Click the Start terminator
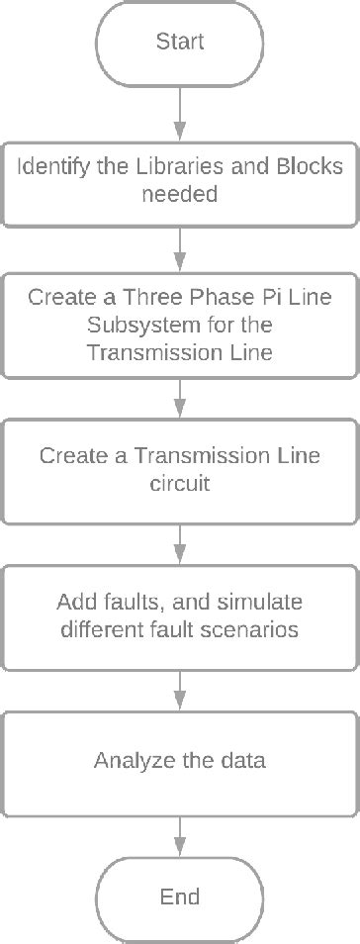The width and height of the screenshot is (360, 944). pos(180,43)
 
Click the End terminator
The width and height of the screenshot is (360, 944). pos(180,897)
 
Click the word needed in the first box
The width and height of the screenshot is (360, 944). pos(179,195)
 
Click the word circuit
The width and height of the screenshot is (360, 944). pos(180,487)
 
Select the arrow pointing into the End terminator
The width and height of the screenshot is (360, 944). pos(180,831)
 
